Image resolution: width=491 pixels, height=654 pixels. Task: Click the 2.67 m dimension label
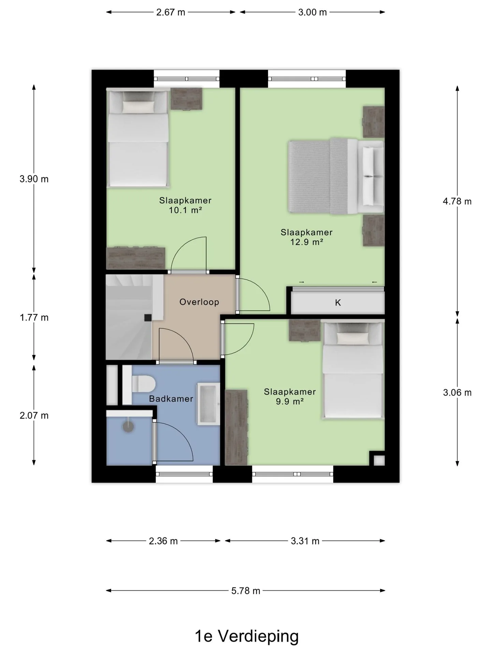coord(170,13)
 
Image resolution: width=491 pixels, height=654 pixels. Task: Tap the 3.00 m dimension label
coord(312,13)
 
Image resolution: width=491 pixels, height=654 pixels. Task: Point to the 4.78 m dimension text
coord(457,201)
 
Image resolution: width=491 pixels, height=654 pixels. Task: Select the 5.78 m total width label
coord(245,591)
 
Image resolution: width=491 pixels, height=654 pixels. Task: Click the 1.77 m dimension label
coord(34,317)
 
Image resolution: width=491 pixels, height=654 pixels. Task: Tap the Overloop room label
coord(199,302)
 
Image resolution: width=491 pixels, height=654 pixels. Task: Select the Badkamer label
coord(171,399)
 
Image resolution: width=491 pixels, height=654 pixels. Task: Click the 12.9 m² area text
coord(307,242)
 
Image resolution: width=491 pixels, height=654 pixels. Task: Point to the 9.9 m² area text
coord(290,402)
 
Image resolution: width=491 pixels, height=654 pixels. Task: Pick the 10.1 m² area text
coord(185,210)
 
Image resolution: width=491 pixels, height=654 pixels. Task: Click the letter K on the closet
coord(338,302)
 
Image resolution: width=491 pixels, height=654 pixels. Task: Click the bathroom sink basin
coord(209,404)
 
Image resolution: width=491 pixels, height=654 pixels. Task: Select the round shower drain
coord(128,426)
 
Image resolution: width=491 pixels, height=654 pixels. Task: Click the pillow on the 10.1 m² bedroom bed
coord(138,107)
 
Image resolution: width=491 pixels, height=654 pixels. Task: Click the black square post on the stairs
coord(148,317)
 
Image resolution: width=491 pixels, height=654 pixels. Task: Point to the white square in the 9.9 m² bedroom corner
coord(379,461)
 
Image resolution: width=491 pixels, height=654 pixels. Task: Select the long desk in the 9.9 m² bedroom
coord(236,427)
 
